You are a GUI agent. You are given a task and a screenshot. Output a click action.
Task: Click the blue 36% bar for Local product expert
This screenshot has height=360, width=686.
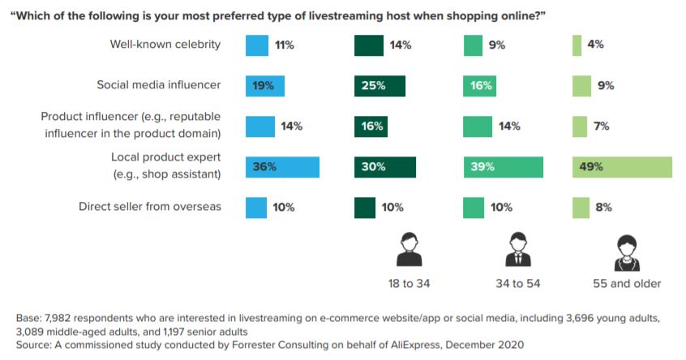click(x=282, y=167)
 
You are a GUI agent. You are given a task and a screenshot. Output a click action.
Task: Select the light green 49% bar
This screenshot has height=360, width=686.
click(x=622, y=167)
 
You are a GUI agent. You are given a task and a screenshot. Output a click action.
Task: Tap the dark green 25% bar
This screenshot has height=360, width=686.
click(x=379, y=86)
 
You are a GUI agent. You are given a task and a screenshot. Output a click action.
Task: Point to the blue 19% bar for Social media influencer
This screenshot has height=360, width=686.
click(x=265, y=86)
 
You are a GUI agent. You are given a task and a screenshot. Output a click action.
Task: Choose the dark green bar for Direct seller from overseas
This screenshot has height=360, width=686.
click(x=365, y=208)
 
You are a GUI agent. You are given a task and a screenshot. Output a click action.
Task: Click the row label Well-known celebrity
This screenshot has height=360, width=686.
click(x=165, y=45)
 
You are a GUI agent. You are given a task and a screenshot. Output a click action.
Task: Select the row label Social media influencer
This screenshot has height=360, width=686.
click(x=159, y=84)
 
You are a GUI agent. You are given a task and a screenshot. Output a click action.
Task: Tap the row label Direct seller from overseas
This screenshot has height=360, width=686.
click(x=150, y=207)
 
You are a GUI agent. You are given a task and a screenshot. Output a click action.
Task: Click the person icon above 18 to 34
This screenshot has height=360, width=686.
click(x=409, y=250)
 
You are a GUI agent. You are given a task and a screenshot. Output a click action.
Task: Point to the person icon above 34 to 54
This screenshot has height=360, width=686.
click(x=517, y=250)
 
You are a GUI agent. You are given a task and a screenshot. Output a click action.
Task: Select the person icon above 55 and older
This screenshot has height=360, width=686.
click(x=626, y=250)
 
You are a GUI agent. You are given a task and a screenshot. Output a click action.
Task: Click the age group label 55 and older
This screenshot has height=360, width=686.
click(x=627, y=284)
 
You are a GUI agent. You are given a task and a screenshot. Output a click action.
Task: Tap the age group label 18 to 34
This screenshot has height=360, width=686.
click(x=410, y=284)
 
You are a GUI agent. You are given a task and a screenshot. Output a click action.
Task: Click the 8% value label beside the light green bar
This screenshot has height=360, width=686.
click(x=603, y=208)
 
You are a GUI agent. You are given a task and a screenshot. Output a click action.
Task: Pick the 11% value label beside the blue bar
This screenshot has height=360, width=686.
click(x=284, y=45)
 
